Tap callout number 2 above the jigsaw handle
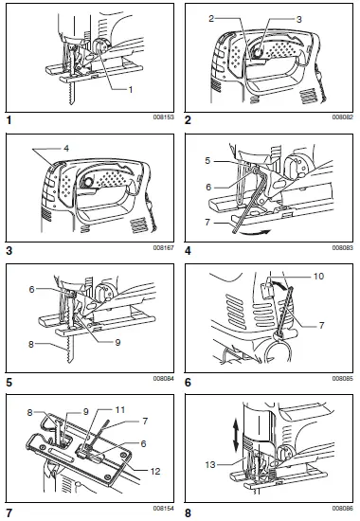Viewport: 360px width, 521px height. pyautogui.click(x=214, y=19)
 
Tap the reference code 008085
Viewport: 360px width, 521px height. pyautogui.click(x=340, y=378)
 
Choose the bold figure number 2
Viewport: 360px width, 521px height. pyautogui.click(x=189, y=121)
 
